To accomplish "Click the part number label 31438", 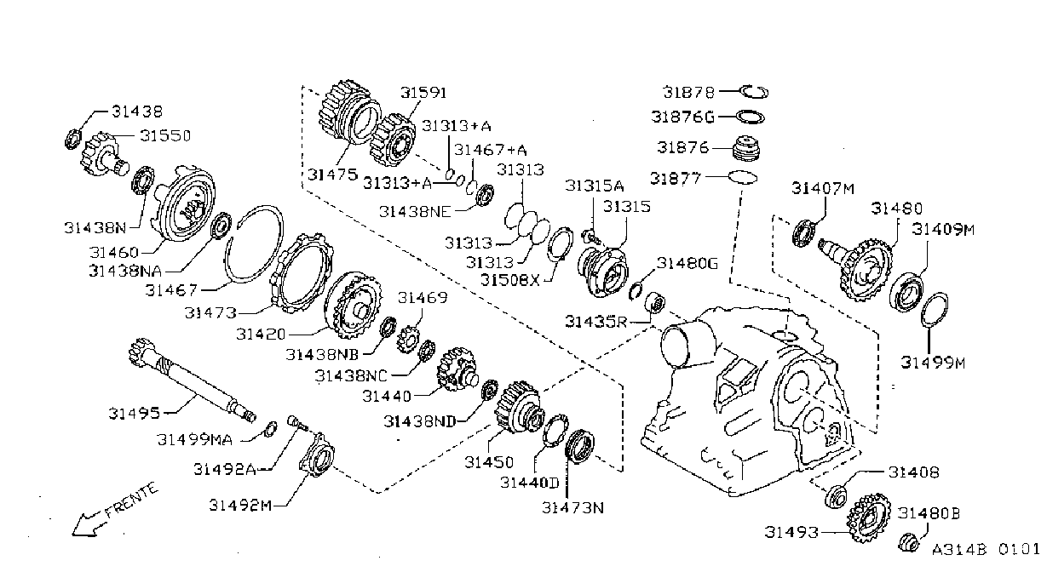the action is pos(137,112).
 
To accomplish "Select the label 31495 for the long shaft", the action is pos(134,413).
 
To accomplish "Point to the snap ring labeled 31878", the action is pos(754,92).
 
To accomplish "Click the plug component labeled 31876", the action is pos(747,148).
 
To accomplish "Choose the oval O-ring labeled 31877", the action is pos(743,177).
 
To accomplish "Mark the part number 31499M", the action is pos(933,363).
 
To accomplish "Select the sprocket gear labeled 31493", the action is pos(870,518).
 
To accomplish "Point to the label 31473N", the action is pos(572,507).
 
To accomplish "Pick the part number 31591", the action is pos(423,93).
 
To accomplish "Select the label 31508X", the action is pos(510,280).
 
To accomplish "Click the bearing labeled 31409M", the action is pos(906,292).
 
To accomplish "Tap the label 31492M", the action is pos(240,506).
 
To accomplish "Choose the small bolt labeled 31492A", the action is pos(296,423).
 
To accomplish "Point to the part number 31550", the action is pos(165,136).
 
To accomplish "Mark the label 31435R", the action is pos(596,322).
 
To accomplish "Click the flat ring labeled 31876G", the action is pos(751,117).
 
